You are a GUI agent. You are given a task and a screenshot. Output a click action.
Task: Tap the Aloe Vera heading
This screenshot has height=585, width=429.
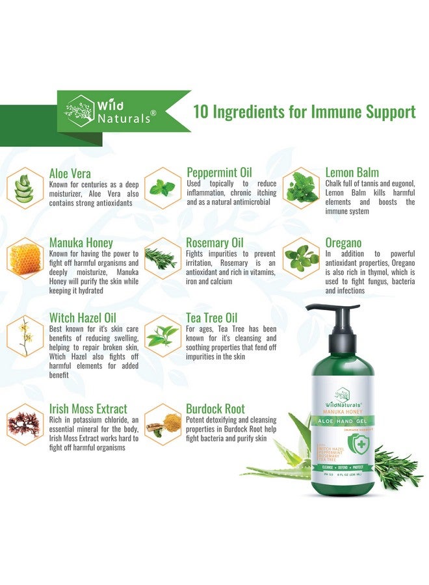70,173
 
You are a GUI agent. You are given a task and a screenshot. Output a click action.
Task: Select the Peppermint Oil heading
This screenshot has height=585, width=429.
219,172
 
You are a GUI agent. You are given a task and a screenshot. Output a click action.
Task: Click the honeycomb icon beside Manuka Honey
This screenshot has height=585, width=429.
25,258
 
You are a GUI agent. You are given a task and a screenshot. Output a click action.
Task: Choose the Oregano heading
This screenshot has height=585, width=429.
343,243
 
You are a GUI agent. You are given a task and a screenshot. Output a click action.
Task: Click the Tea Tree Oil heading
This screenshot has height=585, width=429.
212,317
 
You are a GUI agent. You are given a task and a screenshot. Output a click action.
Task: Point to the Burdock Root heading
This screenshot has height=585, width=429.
215,409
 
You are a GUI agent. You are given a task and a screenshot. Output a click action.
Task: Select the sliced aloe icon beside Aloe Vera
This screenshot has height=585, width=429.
25,187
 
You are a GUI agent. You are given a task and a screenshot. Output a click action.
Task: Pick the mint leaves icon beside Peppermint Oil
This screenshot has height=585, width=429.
162,188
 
